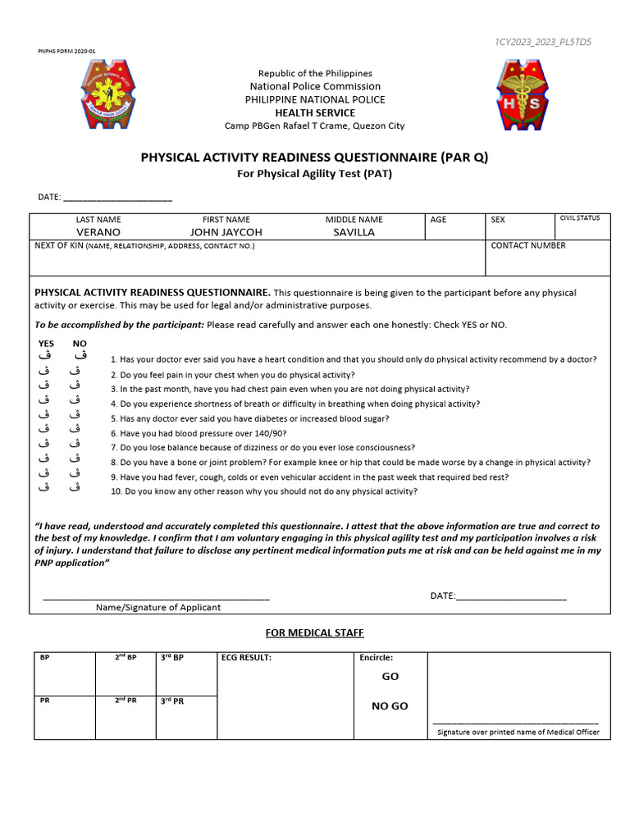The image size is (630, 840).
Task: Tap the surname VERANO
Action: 98,232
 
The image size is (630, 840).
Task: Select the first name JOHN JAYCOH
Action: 226,232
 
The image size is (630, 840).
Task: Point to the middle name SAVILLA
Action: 354,232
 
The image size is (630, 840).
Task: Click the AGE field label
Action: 438,220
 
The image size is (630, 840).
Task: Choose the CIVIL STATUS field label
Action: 579,219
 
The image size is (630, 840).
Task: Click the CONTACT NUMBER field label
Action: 527,245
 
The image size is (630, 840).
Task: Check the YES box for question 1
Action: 46,356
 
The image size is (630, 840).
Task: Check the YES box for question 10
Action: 46,487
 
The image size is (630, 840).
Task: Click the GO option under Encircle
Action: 390,677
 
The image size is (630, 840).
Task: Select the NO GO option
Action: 390,706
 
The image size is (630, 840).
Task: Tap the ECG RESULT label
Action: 246,658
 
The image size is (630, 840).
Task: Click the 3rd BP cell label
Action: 172,658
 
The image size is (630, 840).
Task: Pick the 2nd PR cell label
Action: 126,701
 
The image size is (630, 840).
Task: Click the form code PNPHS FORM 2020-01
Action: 66,52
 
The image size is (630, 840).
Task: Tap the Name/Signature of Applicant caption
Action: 158,608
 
